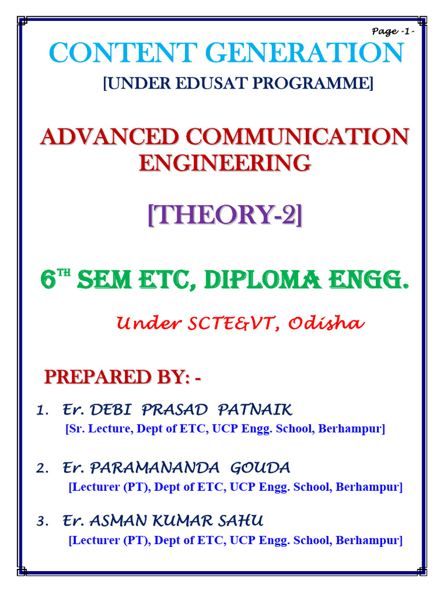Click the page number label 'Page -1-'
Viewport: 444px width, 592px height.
tap(393, 31)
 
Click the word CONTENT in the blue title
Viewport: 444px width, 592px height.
tap(123, 53)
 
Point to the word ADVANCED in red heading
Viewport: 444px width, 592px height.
tap(110, 136)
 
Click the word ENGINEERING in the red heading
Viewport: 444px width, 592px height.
tap(225, 162)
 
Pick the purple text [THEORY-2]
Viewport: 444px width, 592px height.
tap(225, 214)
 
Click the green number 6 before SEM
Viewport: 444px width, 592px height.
tap(49, 280)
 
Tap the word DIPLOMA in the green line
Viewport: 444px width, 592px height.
tap(263, 280)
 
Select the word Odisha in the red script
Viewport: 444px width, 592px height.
tap(327, 323)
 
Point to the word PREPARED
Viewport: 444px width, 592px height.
tap(98, 377)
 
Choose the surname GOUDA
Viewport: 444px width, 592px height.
tap(260, 468)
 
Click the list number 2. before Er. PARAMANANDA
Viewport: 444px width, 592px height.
tap(42, 468)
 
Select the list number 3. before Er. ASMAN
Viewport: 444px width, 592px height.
tap(42, 521)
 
